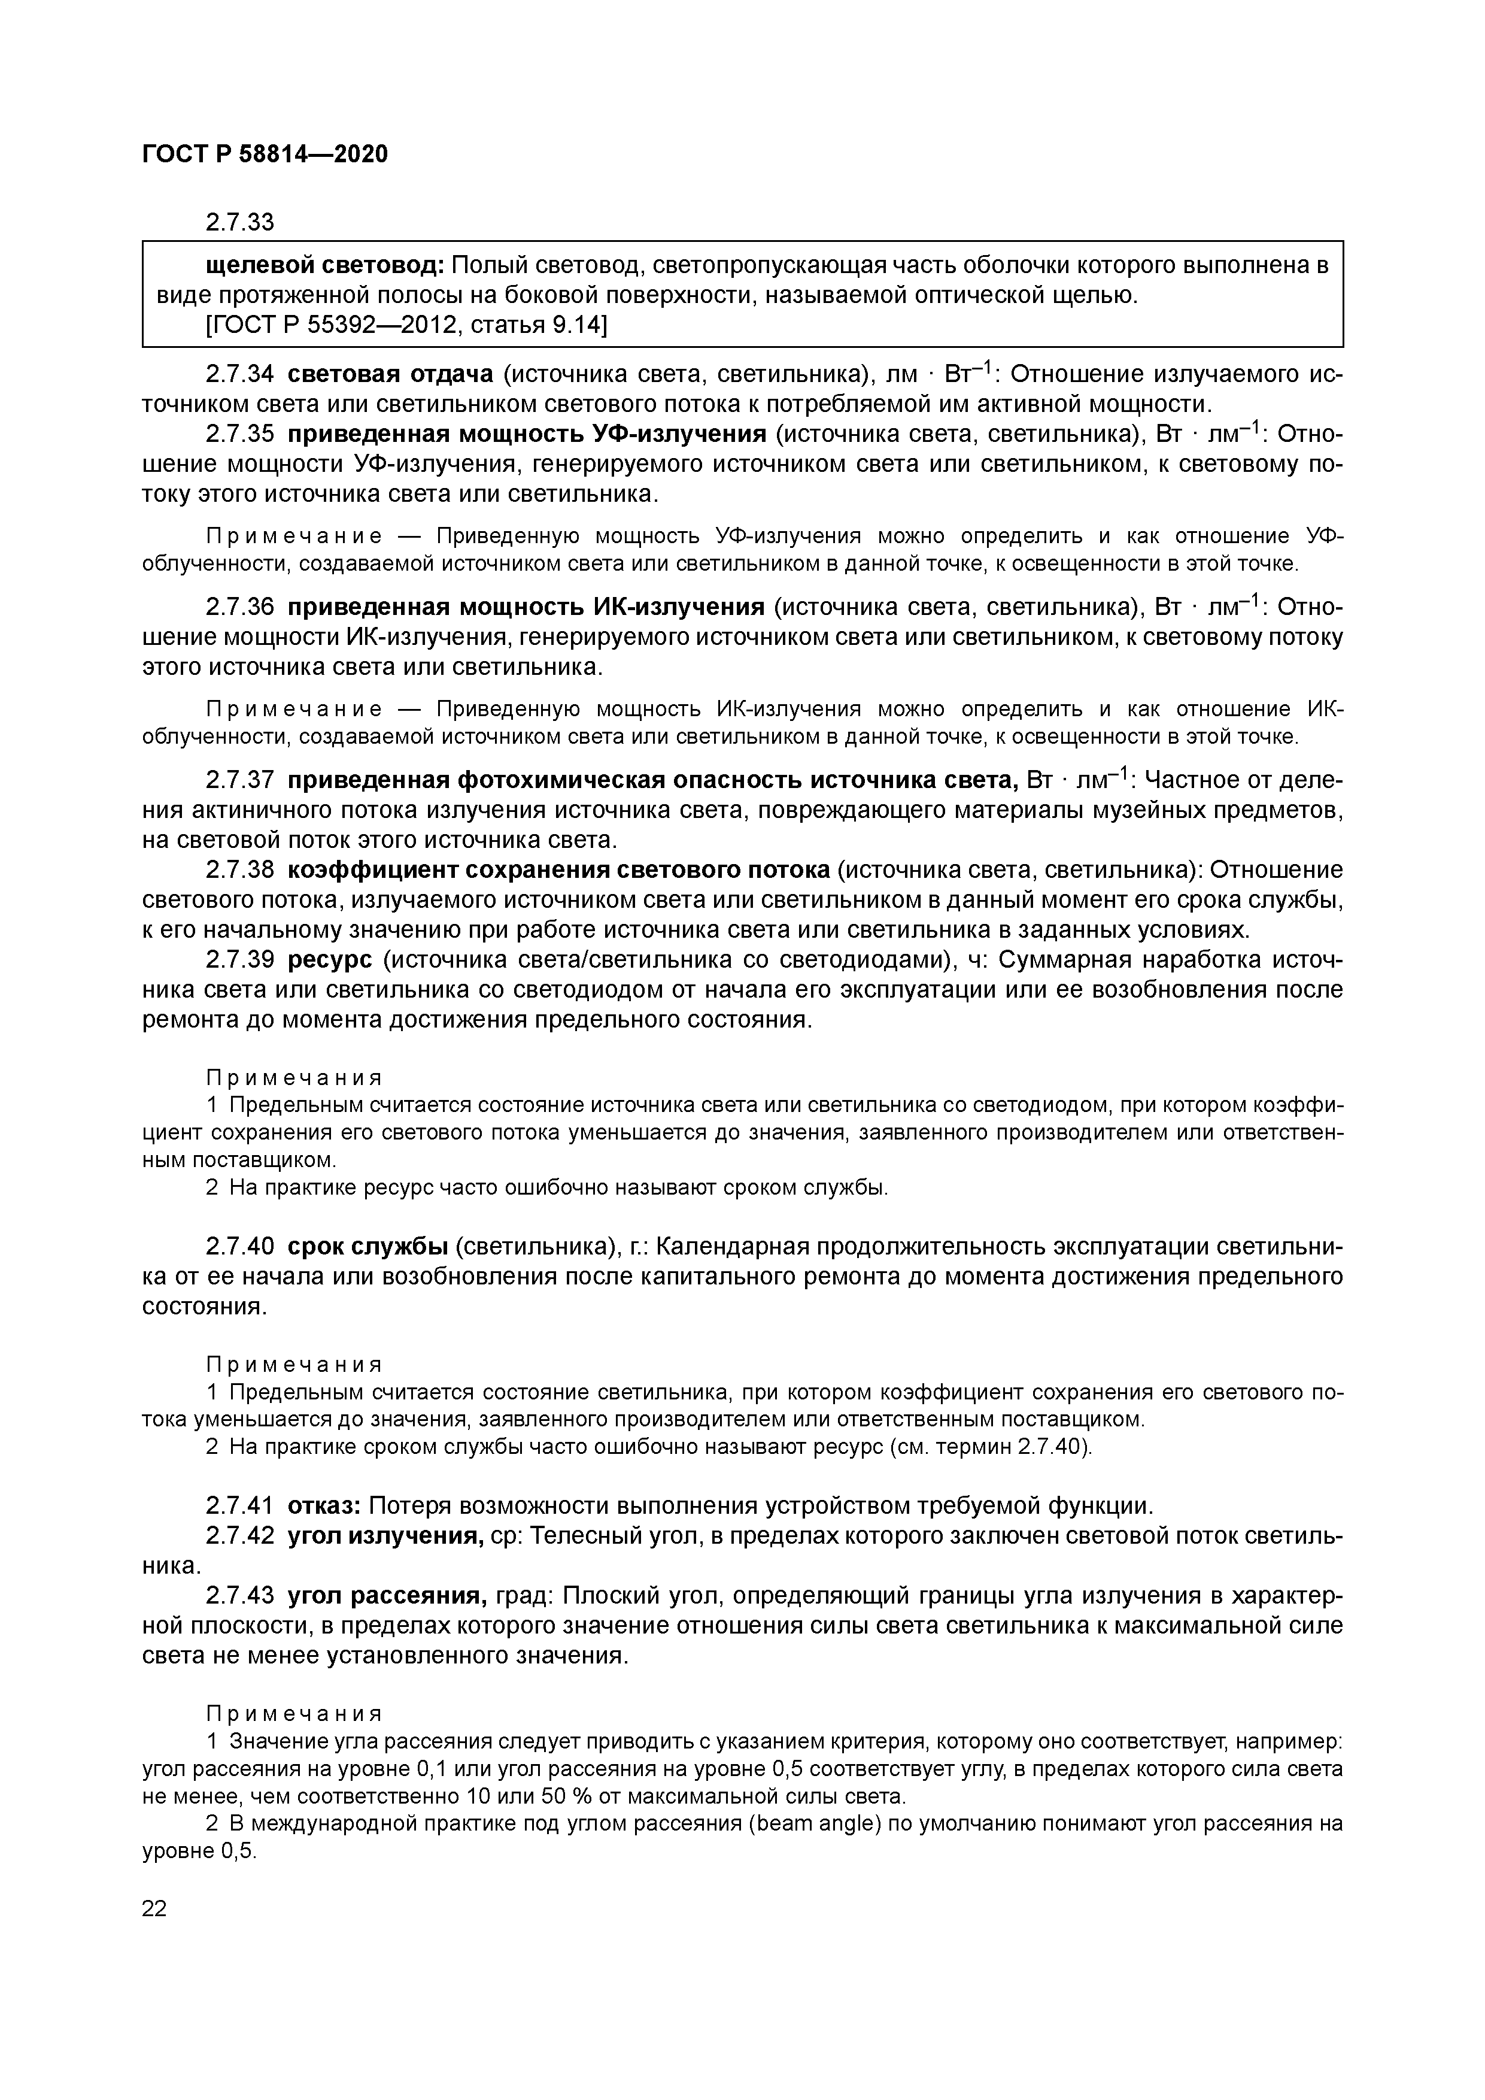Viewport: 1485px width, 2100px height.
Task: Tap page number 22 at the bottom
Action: [x=154, y=1907]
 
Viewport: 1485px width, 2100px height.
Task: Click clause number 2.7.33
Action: [x=239, y=222]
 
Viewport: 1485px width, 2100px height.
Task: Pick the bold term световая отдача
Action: [x=390, y=374]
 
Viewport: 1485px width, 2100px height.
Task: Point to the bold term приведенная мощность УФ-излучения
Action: [x=527, y=434]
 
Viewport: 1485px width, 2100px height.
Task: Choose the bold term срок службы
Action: [x=368, y=1247]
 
